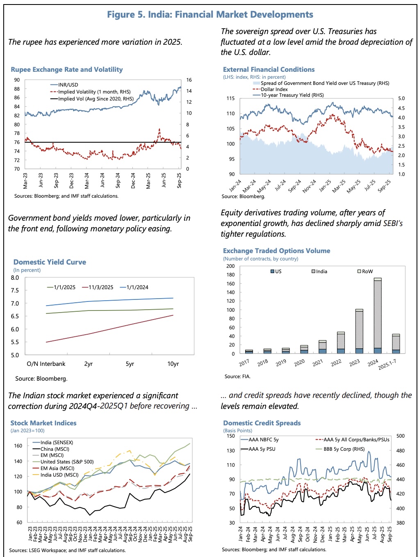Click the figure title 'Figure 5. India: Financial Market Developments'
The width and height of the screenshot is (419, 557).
210,15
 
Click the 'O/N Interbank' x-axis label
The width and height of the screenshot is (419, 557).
46,364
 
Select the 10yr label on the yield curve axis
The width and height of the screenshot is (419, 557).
173,364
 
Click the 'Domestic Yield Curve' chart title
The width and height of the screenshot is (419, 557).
50,262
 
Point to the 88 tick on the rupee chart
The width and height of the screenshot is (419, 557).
17,89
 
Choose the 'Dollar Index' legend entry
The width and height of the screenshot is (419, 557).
274,89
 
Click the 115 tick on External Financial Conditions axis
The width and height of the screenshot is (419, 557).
230,98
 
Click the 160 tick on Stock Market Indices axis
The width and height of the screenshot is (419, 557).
18,446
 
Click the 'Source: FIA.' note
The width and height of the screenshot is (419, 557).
237,376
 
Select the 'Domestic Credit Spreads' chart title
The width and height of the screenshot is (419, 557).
262,423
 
